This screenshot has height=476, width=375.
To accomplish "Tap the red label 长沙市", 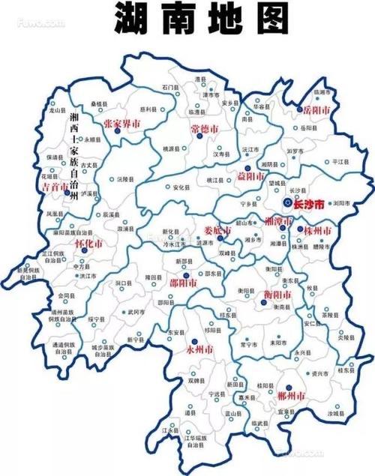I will [x=310, y=204].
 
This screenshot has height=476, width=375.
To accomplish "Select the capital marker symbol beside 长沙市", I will [x=287, y=202].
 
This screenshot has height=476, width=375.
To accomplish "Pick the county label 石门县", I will [x=169, y=88].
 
